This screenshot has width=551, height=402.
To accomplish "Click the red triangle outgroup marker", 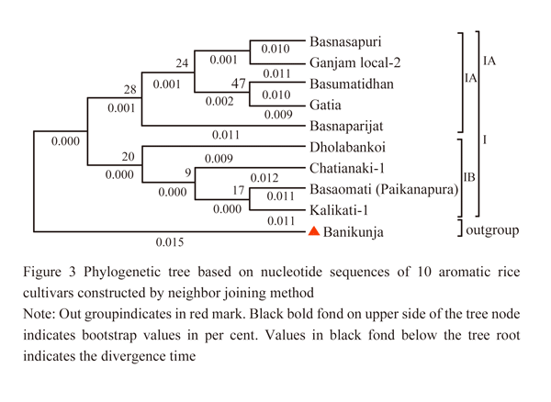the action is (x=314, y=231).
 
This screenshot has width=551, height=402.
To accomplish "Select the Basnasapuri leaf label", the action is (x=345, y=42).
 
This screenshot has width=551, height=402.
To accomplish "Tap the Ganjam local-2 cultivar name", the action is (x=354, y=63).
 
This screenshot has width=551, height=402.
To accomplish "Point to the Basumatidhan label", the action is (x=352, y=84).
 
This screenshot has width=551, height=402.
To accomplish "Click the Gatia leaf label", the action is (x=325, y=105).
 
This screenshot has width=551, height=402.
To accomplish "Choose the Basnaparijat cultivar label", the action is (x=346, y=127).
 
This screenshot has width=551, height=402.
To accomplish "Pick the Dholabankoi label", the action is (x=347, y=147).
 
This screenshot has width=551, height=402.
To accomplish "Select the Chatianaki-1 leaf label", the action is (x=347, y=168).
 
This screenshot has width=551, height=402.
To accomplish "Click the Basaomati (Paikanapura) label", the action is (x=384, y=190).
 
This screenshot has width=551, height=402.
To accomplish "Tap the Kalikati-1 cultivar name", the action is (x=339, y=210).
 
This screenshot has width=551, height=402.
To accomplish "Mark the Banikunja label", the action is (x=354, y=232).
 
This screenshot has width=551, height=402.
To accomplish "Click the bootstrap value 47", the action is (x=238, y=84).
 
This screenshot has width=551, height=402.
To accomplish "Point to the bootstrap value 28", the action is (x=130, y=90).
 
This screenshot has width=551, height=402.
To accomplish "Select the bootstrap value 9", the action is (x=188, y=173).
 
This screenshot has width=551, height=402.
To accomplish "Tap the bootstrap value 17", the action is (x=238, y=190).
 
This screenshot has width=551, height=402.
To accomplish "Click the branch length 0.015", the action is (x=170, y=242).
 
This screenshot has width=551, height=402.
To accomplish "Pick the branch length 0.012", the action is (x=264, y=178).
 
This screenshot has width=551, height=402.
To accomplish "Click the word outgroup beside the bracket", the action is (x=492, y=230).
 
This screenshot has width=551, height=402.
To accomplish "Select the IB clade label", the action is (x=469, y=177).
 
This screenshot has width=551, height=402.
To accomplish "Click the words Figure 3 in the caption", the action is (x=50, y=272).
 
